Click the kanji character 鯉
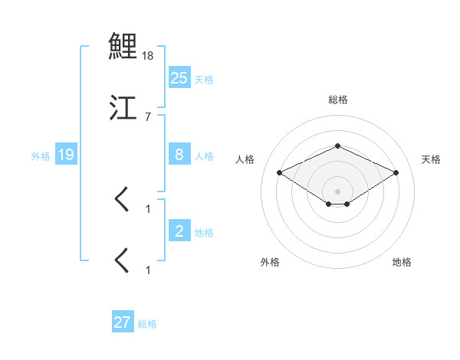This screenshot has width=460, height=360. click(x=123, y=45)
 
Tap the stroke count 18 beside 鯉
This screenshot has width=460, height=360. click(x=148, y=56)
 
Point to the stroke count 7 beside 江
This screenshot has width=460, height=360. click(x=148, y=117)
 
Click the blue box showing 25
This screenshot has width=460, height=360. click(x=179, y=77)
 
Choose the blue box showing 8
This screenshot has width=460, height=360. click(x=179, y=154)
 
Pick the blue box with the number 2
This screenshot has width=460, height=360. click(x=179, y=231)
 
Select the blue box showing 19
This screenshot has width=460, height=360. click(x=66, y=155)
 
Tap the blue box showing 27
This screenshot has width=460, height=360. click(x=123, y=322)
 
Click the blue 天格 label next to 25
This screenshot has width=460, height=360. click(x=204, y=79)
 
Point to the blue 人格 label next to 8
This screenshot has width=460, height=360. click(x=204, y=155)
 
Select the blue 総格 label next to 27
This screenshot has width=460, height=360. click(x=147, y=324)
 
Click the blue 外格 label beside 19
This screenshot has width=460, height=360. click(x=41, y=156)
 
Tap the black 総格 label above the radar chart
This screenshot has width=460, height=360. click(x=337, y=100)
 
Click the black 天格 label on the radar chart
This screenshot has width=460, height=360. click(x=431, y=159)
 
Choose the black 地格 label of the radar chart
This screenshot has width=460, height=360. click(x=402, y=262)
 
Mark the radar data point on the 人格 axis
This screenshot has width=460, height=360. click(x=279, y=172)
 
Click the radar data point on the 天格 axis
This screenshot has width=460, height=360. click(x=396, y=172)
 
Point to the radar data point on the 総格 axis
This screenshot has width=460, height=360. click(x=337, y=146)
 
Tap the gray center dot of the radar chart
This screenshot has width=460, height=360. click(x=337, y=191)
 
